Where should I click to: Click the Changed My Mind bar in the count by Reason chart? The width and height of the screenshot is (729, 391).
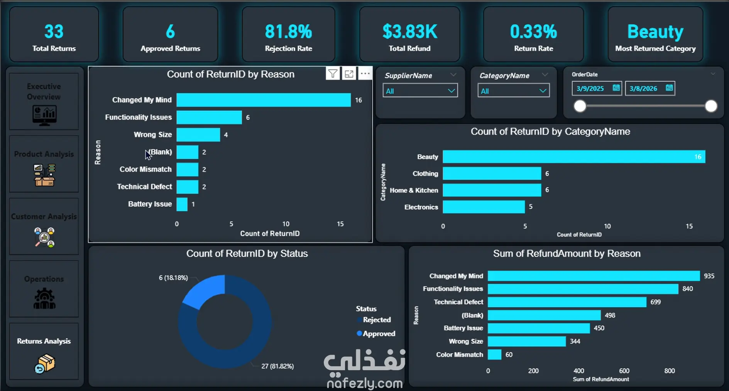[x=264, y=100]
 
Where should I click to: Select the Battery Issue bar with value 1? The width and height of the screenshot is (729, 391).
[x=182, y=204]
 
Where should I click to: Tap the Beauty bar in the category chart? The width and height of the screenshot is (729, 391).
[x=574, y=157]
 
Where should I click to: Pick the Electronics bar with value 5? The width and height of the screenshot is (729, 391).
[x=484, y=207]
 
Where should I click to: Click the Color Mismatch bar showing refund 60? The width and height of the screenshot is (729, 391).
[x=495, y=354]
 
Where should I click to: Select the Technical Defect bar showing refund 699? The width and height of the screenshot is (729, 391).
[x=567, y=302]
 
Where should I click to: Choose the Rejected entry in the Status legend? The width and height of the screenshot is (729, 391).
[x=374, y=320]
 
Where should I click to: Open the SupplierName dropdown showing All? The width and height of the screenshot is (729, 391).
[x=420, y=91]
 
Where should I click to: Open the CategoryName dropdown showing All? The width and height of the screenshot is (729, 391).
[x=514, y=91]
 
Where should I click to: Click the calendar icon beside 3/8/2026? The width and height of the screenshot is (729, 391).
[x=669, y=88]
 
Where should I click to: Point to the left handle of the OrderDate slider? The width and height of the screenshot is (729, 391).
[x=580, y=106]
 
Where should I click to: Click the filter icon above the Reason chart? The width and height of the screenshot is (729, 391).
[x=333, y=73]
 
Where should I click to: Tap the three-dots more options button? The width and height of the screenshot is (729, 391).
[x=365, y=73]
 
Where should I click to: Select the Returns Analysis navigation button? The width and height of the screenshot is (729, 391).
[x=44, y=351]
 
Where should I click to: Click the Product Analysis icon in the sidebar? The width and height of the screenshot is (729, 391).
[x=44, y=175]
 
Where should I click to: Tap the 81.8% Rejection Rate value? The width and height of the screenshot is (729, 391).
[x=288, y=32]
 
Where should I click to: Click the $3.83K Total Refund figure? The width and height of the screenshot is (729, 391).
[x=410, y=32]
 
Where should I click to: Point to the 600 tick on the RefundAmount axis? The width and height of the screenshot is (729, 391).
[x=624, y=371]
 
